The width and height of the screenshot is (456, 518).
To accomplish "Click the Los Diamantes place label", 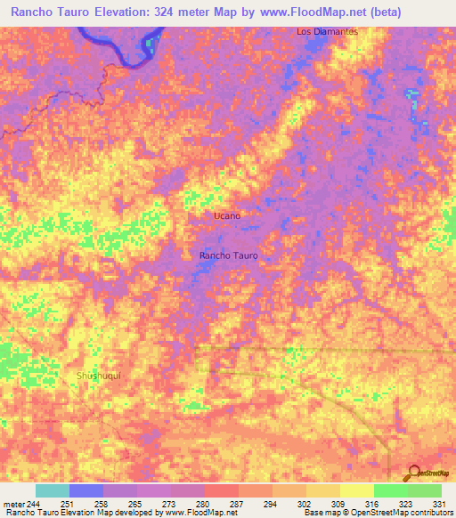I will pos(327,32).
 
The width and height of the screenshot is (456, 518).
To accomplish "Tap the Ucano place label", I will pos(227,216).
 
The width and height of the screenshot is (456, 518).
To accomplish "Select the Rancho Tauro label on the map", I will pos(229,255).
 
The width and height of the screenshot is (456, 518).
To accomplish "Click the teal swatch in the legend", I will pos(52,490).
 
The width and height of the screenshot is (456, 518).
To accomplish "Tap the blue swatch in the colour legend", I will pos(85,490).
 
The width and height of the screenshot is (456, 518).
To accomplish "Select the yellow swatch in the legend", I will pos(356,490).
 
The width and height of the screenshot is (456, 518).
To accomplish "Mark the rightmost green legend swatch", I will pos(424,490).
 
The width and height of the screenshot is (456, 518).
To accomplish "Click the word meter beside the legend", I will pos(12,504).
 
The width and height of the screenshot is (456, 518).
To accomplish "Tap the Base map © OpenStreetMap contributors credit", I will pos(378,513).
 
